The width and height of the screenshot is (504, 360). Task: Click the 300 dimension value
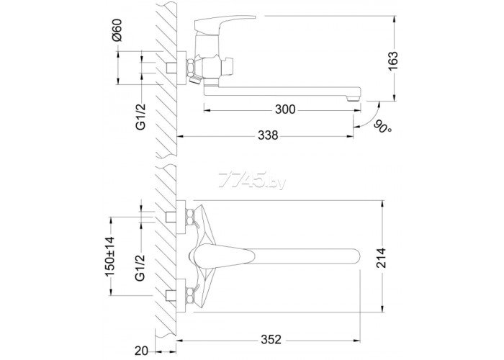click(x=285, y=109)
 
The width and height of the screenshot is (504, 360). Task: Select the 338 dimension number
click(x=268, y=135)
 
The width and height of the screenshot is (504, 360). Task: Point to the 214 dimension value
click(x=381, y=258)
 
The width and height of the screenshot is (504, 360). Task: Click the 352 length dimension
click(x=271, y=339)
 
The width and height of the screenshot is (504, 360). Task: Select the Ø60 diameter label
click(x=117, y=30)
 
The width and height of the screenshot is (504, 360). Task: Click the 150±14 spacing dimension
click(x=109, y=256)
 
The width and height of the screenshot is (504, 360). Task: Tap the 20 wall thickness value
click(x=141, y=351)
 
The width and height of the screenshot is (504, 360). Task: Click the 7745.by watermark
click(x=251, y=180)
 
